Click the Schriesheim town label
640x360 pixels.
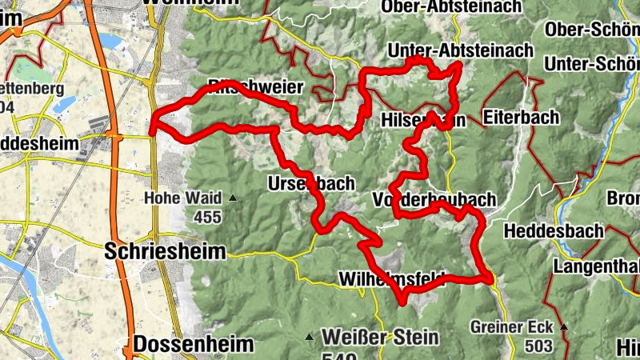coord(166,251)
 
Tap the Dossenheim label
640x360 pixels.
coord(194,345)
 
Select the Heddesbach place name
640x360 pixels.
coord(554,231)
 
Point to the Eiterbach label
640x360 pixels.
coord(521,118)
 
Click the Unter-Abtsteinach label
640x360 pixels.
coord(459,50)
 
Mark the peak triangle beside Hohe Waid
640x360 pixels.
coord(233,198)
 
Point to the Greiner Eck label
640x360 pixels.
coord(512,326)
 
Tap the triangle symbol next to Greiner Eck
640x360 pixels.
coord(563,326)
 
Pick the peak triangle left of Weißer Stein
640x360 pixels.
coord(309,337)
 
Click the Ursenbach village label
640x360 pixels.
coord(312,183)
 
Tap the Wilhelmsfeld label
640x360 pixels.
coord(392,279)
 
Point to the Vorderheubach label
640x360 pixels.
coord(434,199)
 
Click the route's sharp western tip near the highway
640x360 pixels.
coord(153,125)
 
